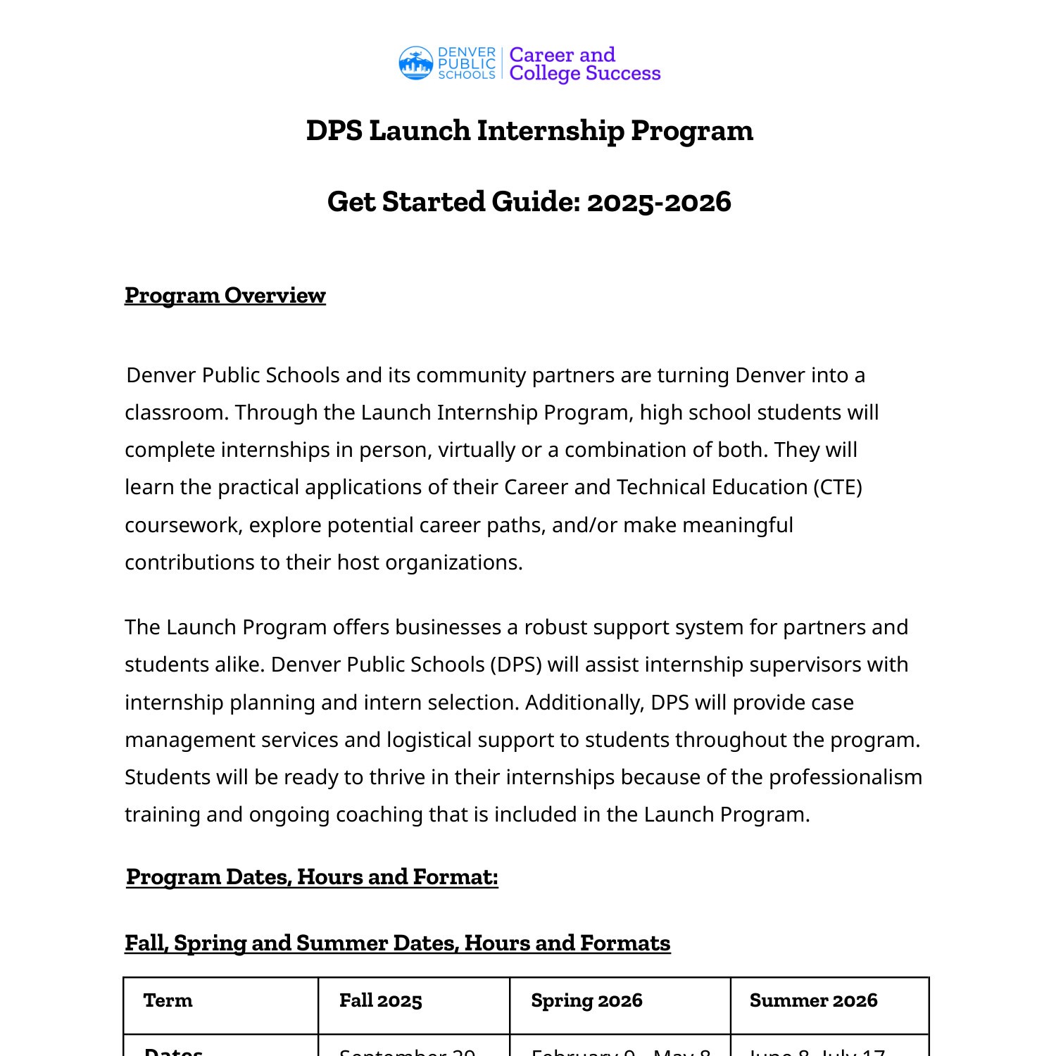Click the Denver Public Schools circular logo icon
point(415,63)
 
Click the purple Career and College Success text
point(584,64)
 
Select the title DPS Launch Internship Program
point(529,131)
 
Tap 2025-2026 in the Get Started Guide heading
point(659,202)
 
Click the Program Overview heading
point(225,295)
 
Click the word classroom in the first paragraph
point(176,413)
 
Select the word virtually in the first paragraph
point(477,450)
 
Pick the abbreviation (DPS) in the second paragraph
point(516,665)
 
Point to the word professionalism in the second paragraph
point(845,777)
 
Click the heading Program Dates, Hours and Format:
point(312,877)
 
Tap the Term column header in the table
point(168,1000)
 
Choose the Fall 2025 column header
point(380,1000)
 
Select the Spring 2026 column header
point(586,1000)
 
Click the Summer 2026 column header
point(813,1000)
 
